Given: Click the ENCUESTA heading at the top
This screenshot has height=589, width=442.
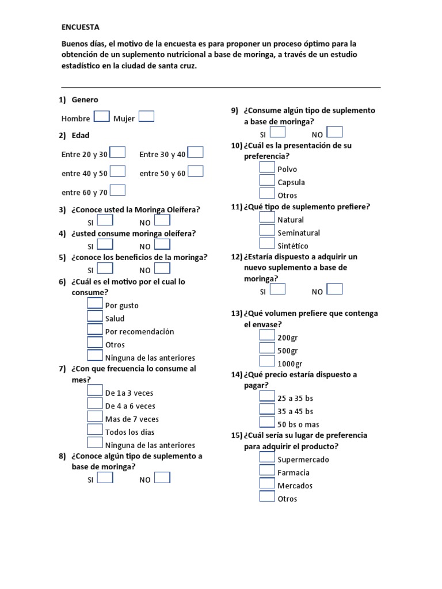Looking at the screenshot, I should tap(81, 27).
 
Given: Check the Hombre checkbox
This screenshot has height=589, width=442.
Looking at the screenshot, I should tap(101, 117).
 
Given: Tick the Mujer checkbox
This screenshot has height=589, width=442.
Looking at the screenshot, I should tap(146, 117).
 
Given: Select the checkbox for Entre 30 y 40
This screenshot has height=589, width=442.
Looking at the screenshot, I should tap(196, 152).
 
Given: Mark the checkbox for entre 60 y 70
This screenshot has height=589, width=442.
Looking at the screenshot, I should tap(117, 190).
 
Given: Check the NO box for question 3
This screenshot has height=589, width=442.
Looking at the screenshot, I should tap(162, 220).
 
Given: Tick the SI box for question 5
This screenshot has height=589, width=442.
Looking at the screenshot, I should tap(105, 268).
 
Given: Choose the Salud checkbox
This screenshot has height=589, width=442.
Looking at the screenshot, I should tap(95, 316).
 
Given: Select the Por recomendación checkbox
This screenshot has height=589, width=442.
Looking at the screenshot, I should tap(95, 330).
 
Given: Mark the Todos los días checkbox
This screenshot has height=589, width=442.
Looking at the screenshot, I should tap(95, 430).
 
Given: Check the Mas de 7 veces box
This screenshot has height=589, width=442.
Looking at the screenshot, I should tap(95, 416).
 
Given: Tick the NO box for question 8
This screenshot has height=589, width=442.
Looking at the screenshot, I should tap(162, 477).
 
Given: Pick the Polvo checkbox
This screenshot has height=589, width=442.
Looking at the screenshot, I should tap(267, 167).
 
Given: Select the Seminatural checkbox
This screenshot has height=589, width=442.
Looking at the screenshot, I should tap(267, 231).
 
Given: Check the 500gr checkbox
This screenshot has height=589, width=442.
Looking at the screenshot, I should tap(267, 349).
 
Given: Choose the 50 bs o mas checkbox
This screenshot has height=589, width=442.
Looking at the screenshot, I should tap(267, 423).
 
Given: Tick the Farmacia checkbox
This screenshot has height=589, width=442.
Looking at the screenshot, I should tap(267, 471).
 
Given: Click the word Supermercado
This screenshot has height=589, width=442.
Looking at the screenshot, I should tap(303, 460).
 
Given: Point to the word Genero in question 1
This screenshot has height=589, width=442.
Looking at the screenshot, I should tap(85, 100).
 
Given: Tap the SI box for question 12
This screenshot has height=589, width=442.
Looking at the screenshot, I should tap(277, 289).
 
